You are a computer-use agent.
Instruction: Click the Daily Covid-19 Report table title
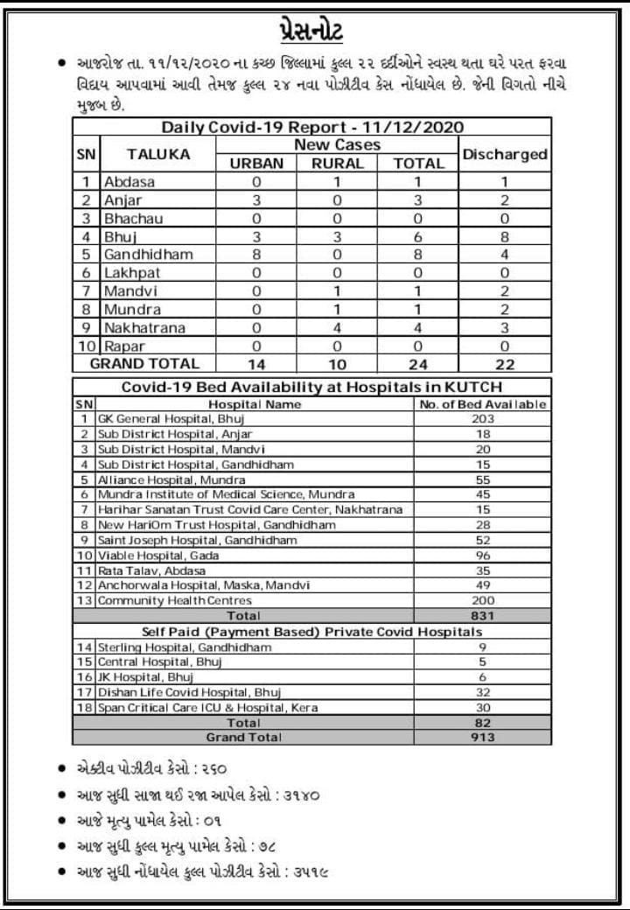(312, 127)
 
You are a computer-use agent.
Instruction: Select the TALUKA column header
(157, 154)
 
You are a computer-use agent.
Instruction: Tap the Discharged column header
(505, 154)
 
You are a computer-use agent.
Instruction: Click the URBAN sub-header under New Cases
(256, 164)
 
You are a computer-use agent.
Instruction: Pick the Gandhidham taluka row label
(148, 254)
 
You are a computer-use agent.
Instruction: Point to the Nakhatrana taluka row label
(146, 327)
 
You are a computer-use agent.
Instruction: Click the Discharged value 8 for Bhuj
(505, 236)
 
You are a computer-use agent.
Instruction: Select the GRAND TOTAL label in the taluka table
(145, 363)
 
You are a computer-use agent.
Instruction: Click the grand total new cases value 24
(419, 364)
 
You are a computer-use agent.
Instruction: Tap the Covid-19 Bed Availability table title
(311, 387)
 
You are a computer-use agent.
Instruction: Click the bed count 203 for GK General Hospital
(483, 419)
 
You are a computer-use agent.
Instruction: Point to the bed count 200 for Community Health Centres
(483, 601)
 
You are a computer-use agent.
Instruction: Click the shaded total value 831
(483, 616)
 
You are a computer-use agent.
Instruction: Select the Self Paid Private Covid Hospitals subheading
(311, 632)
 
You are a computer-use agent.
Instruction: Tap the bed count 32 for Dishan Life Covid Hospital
(483, 692)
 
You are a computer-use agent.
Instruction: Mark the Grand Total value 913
(483, 738)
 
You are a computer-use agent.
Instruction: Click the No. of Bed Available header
(483, 404)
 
